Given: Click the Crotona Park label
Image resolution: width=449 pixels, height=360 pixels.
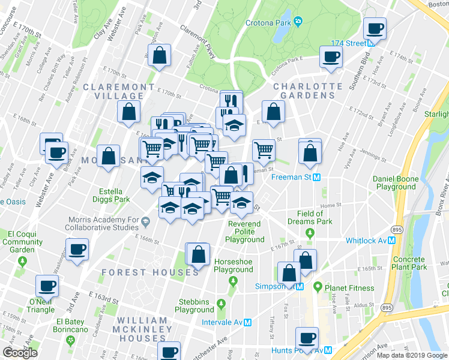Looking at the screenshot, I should click(267, 23).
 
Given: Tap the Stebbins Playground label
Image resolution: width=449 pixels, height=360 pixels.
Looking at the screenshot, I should click(194, 305).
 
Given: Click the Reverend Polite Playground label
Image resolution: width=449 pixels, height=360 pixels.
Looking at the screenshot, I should click(244, 232).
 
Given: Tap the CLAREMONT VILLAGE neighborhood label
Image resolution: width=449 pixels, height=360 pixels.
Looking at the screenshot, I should click(118, 92).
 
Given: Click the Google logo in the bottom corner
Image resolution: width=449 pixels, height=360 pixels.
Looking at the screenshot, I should click(20, 353).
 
